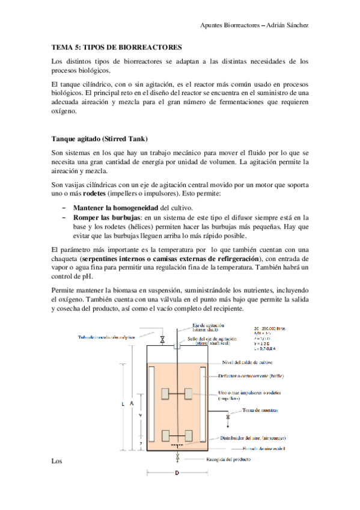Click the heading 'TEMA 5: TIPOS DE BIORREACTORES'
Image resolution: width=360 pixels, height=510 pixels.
point(117,46)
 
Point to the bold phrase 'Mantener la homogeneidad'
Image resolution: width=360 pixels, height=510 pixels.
point(108,207)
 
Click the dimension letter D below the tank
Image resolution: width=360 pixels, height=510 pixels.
point(177,473)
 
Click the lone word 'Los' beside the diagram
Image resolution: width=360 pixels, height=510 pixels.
point(57,461)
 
